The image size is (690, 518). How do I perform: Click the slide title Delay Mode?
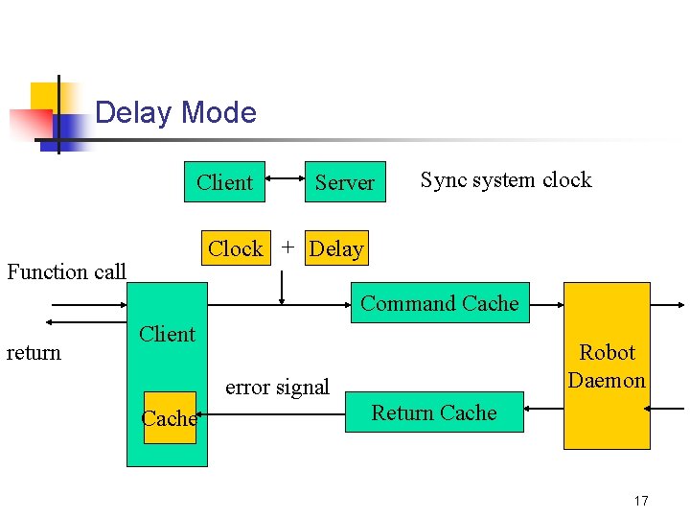tap(175, 113)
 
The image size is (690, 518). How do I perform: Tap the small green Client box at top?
tap(224, 182)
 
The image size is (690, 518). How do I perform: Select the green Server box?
tap(344, 182)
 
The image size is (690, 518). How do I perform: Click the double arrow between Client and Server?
tap(285, 177)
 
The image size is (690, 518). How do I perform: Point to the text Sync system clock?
tap(505, 180)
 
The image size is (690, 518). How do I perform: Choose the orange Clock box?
tap(235, 248)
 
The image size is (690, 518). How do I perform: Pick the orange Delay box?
tap(336, 249)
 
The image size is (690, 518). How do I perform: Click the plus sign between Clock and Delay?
tap(287, 247)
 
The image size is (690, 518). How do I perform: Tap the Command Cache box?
tap(440, 303)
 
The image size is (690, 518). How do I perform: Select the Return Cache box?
tap(434, 412)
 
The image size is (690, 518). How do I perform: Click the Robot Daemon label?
tap(607, 366)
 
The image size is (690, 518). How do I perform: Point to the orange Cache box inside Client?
tap(170, 418)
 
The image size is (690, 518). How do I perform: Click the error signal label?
tap(277, 388)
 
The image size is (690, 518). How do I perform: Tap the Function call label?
tap(66, 271)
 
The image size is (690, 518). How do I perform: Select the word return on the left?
tap(34, 353)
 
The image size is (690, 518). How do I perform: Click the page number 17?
tap(641, 501)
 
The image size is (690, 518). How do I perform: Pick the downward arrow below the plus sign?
tap(282, 287)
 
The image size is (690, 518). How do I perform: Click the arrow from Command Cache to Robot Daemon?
tap(546, 304)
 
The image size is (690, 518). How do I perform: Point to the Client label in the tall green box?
tap(167, 334)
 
